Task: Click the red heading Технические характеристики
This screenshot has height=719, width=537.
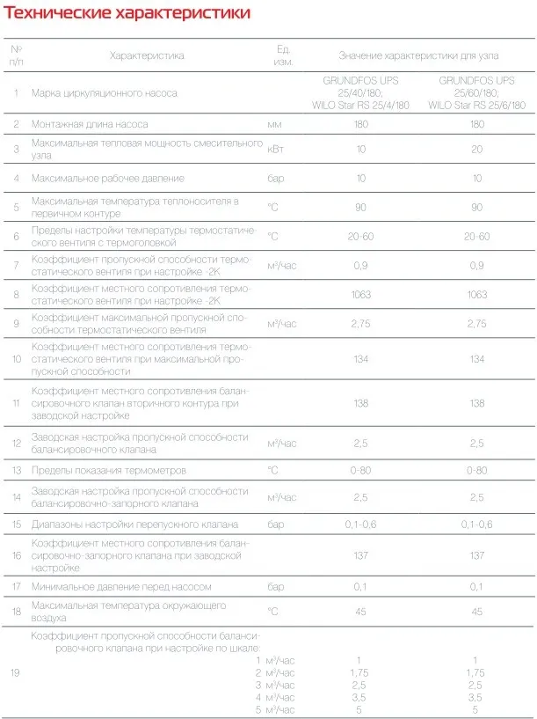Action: pos(127,14)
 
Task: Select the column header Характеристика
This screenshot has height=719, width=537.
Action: pos(147,55)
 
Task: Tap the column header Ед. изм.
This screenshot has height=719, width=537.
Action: pos(283,55)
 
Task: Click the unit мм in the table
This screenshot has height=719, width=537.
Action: pos(274,124)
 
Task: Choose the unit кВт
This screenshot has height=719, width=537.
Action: pos(276,150)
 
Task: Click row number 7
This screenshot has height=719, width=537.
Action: pos(17,265)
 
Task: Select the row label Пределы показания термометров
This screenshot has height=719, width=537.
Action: pos(108,470)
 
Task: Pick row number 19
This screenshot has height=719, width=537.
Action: pos(17,672)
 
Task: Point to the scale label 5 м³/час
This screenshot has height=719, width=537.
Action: pos(274,708)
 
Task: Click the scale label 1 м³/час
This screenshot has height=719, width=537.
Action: pos(274,659)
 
